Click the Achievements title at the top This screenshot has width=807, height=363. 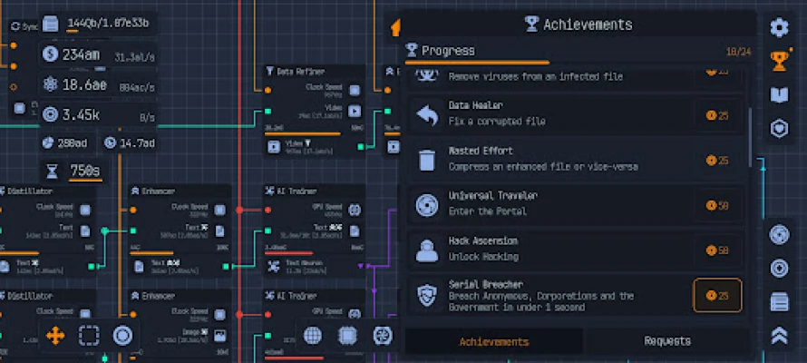click(587, 25)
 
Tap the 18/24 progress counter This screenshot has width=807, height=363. click(736, 52)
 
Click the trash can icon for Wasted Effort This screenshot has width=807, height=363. click(427, 161)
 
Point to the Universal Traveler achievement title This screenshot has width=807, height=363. click(492, 196)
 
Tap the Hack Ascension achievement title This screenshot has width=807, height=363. click(483, 241)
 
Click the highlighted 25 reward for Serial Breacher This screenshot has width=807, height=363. click(717, 295)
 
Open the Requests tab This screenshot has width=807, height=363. click(667, 341)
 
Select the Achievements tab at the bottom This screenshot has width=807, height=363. click(494, 341)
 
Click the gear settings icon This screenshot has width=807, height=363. click(779, 27)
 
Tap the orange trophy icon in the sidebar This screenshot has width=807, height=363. click(779, 61)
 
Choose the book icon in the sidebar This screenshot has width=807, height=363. click(779, 94)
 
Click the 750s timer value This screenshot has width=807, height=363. click(84, 171)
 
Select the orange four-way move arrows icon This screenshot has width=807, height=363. click(55, 336)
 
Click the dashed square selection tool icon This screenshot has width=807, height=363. click(89, 336)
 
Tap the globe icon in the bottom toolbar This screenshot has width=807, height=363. click(313, 336)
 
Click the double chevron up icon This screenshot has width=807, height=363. click(779, 335)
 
